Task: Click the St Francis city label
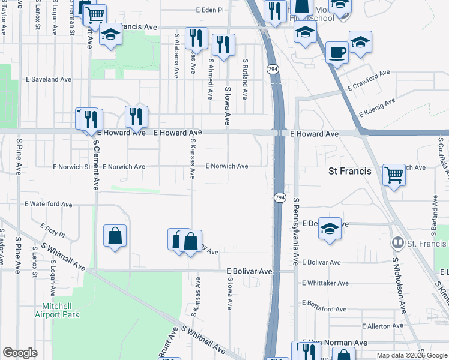coord(350,171)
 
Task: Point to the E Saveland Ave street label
coord(49,79)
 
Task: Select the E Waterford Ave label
coord(48,204)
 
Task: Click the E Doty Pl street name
coord(52,228)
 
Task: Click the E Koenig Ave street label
coord(376,107)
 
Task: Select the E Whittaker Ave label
coord(325,283)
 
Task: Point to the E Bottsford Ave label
coord(324,309)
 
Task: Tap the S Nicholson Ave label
coord(398,286)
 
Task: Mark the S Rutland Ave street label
coord(245,79)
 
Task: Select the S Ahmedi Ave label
coord(211,79)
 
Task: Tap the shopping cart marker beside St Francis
coord(394,175)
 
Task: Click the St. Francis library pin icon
coord(397,244)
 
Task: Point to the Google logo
coord(20,353)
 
